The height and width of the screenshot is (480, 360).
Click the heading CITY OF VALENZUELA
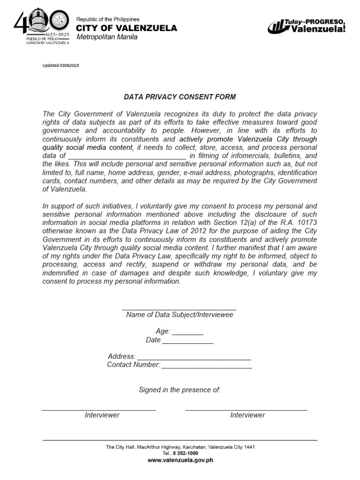pyautogui.click(x=127, y=28)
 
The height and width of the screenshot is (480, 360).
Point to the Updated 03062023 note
pyautogui.click(x=60, y=66)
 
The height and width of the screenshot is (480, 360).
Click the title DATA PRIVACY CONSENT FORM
pyautogui.click(x=180, y=97)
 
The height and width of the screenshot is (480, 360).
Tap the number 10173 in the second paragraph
pyautogui.click(x=307, y=223)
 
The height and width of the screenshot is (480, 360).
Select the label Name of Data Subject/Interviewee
pyautogui.click(x=180, y=315)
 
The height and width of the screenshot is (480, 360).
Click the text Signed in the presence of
pyautogui.click(x=180, y=390)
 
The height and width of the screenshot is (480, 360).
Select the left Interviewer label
pyautogui.click(x=102, y=415)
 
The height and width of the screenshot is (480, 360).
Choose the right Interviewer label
pyautogui.click(x=247, y=415)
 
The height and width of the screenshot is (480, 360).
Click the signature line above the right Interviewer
pyautogui.click(x=246, y=410)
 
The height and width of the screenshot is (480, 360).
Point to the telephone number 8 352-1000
pyautogui.click(x=185, y=453)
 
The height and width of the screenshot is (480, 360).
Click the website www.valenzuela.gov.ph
pyautogui.click(x=180, y=460)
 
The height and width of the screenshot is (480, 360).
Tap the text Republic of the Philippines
pyautogui.click(x=108, y=19)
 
